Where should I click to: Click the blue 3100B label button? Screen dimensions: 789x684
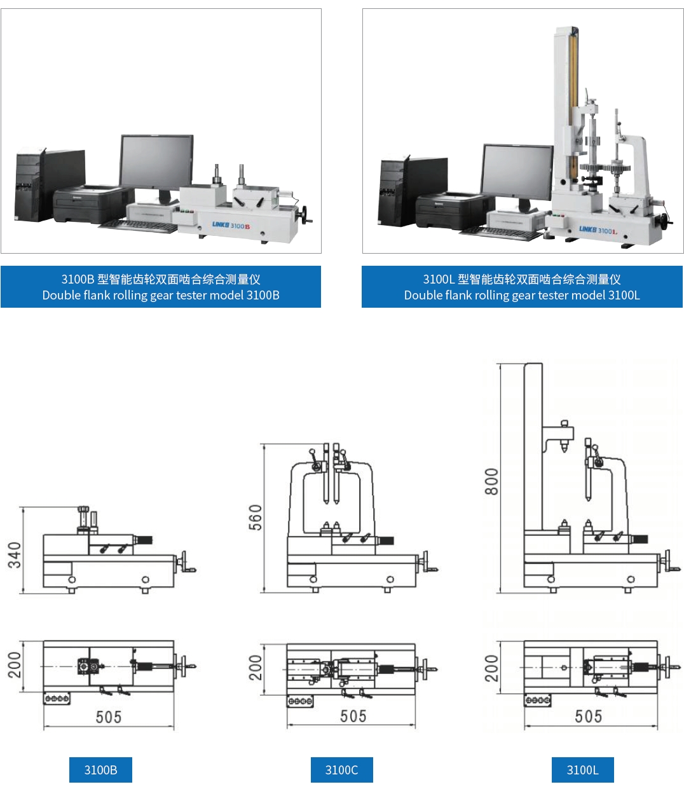point(100,770)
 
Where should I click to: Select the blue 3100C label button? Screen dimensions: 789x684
point(341,770)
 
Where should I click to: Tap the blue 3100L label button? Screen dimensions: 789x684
point(582,770)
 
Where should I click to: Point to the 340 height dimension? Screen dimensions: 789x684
point(14,555)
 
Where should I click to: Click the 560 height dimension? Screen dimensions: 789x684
point(255,518)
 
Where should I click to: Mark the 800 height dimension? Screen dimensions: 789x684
point(491,481)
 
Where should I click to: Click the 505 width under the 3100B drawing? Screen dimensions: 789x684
point(109,717)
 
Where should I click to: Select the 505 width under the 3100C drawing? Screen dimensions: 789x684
point(353,717)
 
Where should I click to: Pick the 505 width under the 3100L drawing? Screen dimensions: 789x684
point(588,717)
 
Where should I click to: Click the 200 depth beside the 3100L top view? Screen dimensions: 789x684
point(491,668)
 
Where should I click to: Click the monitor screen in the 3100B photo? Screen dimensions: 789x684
point(156,161)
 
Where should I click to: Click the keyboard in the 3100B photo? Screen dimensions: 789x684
point(137,226)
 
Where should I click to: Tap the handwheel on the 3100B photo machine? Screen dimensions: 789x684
point(308,214)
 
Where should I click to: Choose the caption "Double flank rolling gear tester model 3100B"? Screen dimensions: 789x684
point(161,295)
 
